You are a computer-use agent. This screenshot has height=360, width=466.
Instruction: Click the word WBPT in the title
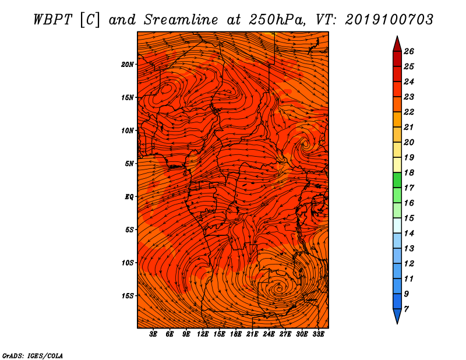click(x=52, y=20)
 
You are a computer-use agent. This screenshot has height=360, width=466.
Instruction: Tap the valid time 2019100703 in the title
click(x=389, y=20)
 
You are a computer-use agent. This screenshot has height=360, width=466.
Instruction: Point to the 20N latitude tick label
click(x=128, y=65)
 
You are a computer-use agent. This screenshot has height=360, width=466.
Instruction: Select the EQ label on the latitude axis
click(x=129, y=197)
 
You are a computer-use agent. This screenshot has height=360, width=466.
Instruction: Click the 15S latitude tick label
click(x=128, y=296)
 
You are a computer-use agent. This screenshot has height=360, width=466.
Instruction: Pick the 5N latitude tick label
click(x=129, y=164)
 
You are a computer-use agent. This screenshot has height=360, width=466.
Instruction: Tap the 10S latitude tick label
click(x=128, y=263)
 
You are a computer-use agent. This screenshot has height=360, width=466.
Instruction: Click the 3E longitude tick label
click(x=153, y=334)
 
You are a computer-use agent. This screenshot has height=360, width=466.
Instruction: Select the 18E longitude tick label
click(x=236, y=334)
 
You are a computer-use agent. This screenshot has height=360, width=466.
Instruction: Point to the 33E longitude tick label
click(x=318, y=334)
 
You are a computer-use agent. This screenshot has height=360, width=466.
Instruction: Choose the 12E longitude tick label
click(x=203, y=334)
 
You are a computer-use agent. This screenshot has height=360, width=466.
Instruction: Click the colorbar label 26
click(x=409, y=51)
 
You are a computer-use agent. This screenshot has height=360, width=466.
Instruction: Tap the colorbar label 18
click(x=409, y=172)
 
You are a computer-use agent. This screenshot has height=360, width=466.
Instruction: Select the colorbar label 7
click(x=406, y=309)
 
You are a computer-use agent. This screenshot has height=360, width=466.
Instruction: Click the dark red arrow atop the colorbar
click(x=397, y=44)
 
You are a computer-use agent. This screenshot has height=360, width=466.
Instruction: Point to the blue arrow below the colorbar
click(x=397, y=316)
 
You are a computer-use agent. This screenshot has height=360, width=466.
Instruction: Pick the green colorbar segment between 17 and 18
click(x=397, y=180)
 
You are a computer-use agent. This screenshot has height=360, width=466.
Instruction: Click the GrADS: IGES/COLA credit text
click(x=33, y=355)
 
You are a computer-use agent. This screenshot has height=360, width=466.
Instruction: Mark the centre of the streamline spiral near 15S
click(x=280, y=288)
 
